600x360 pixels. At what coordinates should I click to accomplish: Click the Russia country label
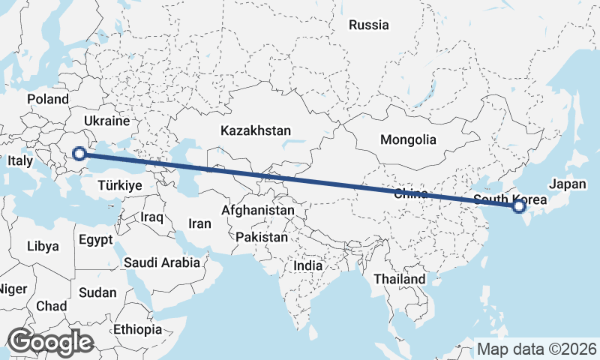(x=369, y=25)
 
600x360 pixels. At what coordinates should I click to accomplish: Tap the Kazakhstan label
(x=255, y=130)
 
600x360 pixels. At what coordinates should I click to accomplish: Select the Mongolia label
(x=408, y=139)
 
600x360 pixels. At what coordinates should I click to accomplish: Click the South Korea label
(x=510, y=199)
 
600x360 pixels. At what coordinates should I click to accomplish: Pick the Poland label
(x=48, y=99)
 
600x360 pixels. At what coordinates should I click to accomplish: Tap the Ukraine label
(x=107, y=121)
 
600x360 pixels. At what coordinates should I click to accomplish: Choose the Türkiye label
(x=120, y=185)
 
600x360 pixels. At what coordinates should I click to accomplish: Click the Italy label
(x=19, y=161)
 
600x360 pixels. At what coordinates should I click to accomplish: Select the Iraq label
(x=151, y=217)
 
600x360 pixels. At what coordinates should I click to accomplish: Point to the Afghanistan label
(x=257, y=211)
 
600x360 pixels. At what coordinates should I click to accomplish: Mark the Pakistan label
(x=261, y=237)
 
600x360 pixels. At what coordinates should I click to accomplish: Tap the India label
(x=307, y=265)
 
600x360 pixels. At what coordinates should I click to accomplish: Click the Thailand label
(x=400, y=279)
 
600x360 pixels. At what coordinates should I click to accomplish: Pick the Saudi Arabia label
(x=162, y=262)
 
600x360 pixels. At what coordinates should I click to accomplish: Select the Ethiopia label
(x=137, y=329)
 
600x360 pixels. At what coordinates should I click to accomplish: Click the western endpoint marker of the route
(x=79, y=154)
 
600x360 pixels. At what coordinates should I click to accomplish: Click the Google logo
(x=49, y=342)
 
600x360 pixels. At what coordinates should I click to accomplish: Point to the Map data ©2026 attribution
(x=536, y=349)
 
